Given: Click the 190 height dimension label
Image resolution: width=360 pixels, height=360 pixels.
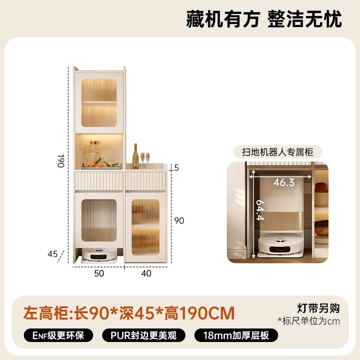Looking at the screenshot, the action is pos(61,161).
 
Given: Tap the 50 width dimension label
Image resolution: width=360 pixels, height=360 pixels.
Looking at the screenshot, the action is pos(99,274).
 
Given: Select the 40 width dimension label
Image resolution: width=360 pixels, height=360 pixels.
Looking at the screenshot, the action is pos(146,274).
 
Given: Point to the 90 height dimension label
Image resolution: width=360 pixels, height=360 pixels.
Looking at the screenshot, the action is pos(179,220).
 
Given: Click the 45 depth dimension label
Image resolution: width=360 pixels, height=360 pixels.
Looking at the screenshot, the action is pos(53,254).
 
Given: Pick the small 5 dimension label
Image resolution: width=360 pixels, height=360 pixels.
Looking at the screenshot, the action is pos(176,168).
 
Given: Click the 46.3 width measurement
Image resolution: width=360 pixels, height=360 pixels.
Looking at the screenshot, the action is pos(284,183).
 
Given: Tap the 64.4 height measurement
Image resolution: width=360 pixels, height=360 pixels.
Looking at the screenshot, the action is pos(260,210).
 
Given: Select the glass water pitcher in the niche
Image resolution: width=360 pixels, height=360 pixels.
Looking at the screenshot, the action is pos(93,153).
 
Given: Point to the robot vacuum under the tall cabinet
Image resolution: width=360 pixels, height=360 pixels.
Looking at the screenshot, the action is pos(99,254).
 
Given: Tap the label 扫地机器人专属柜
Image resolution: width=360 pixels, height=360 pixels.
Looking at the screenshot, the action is pos(278,152).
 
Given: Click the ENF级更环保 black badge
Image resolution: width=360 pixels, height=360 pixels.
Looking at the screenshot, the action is pos(58,335).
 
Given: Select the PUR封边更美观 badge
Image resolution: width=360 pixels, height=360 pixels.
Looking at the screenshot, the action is pos(144,335).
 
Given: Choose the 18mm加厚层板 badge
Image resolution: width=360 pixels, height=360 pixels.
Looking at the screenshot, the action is pos(236,335).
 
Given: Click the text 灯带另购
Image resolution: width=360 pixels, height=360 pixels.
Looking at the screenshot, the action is pos(318,308).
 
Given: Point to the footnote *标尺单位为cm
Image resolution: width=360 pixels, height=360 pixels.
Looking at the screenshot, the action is pos(309,321).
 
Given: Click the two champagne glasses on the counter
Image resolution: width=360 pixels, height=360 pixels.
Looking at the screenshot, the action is pos(145,160).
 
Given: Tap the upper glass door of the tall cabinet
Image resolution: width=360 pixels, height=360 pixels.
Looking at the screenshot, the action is pos(99,103).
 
